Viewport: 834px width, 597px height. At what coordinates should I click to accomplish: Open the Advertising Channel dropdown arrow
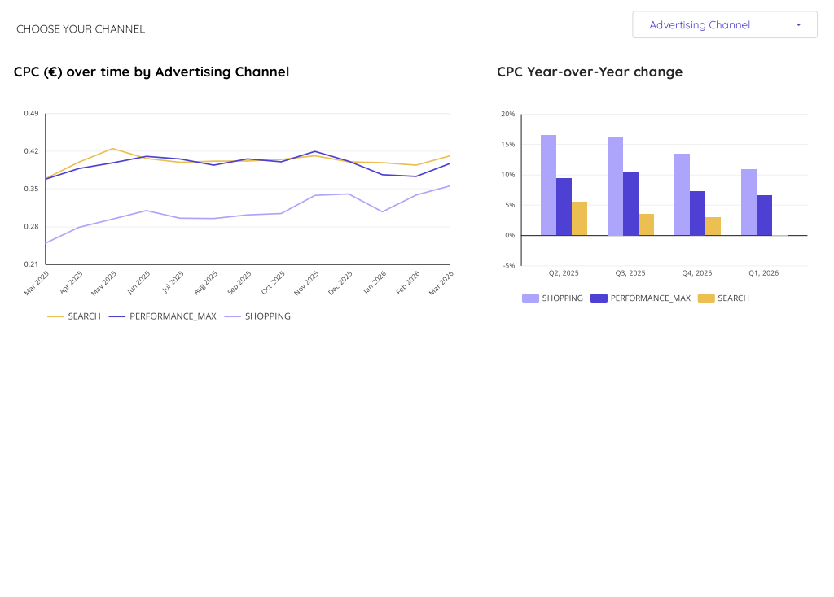pos(798,25)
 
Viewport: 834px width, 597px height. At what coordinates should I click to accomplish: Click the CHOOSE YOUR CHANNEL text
pos(81,29)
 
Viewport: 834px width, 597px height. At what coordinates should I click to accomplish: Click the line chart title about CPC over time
pos(151,72)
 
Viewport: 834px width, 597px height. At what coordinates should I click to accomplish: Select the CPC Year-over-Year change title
pos(590,72)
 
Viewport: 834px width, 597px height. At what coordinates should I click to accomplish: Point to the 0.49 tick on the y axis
pos(31,113)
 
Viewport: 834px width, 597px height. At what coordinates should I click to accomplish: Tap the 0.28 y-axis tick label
pos(31,226)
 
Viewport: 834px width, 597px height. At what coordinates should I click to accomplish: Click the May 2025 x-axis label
pos(104,282)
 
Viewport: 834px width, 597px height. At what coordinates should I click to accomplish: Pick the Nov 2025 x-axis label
pos(306,282)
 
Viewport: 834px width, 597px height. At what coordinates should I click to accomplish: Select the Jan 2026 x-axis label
pos(375,282)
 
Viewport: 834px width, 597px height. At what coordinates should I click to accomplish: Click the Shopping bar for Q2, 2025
pos(548,185)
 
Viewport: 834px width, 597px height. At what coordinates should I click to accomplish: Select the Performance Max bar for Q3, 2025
pos(630,204)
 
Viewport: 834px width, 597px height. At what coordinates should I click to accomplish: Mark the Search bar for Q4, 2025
pos(713,226)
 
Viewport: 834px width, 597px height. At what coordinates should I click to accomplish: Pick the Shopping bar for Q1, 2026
pos(748,203)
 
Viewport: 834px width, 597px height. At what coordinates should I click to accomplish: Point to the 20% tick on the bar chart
pos(508,114)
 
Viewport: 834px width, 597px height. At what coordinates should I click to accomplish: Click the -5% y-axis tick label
pos(508,265)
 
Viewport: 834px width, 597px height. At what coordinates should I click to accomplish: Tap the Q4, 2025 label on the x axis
pos(696,273)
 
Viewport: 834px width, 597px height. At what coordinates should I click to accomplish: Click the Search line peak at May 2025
pos(112,149)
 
